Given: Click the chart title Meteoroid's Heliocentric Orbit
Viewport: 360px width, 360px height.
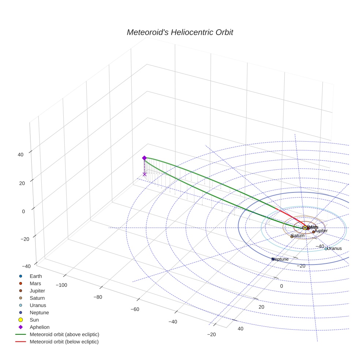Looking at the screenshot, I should point(180,32).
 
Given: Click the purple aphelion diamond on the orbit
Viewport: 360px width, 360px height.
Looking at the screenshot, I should point(144,158).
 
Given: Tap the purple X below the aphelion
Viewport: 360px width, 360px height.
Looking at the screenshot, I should point(145,174).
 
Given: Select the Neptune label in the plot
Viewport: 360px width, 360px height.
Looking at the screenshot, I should point(281,259).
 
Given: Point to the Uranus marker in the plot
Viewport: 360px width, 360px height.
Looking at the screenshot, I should point(326,249).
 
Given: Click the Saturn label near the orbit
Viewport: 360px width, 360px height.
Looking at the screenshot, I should point(298,236).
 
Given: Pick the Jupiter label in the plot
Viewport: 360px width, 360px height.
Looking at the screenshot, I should point(321,231).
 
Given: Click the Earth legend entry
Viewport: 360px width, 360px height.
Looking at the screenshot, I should point(35,276).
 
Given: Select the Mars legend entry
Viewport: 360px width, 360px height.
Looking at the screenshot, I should point(35,283).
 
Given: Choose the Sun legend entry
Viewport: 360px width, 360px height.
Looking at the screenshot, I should point(34,320).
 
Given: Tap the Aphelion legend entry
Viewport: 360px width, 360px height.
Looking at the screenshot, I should point(40,327).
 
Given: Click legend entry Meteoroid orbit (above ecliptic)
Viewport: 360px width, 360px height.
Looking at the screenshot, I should point(64,334).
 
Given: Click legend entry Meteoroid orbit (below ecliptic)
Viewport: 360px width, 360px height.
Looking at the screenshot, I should point(64,342).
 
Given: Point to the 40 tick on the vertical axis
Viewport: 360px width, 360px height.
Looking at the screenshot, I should point(20,154).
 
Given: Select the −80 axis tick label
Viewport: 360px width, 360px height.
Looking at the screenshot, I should point(98,297).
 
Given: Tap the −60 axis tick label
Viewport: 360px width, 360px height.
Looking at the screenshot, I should point(135,309).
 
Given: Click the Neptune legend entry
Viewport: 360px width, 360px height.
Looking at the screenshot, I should point(39,312).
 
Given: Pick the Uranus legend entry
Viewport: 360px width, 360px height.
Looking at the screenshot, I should point(38,305).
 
